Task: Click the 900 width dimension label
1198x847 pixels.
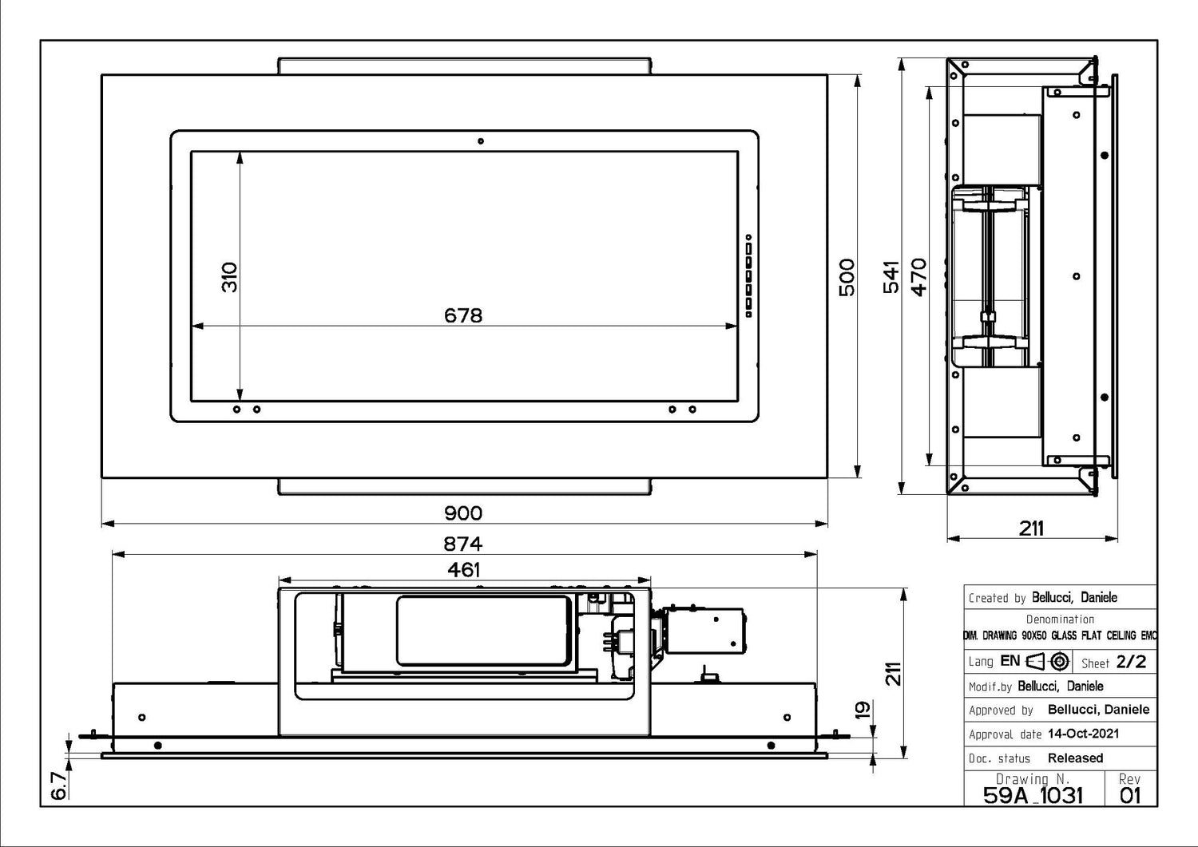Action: click(x=463, y=513)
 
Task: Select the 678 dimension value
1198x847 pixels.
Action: click(x=463, y=315)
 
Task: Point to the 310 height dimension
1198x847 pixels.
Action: click(x=229, y=277)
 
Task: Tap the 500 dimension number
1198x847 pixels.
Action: click(x=847, y=277)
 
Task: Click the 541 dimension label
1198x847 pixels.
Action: click(x=891, y=277)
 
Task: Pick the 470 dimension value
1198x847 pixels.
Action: click(x=918, y=277)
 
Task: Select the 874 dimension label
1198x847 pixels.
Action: click(x=463, y=544)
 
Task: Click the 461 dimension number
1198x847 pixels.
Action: click(x=463, y=570)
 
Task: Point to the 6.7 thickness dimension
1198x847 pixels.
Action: click(x=58, y=786)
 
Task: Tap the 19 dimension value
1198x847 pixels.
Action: click(x=863, y=710)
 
